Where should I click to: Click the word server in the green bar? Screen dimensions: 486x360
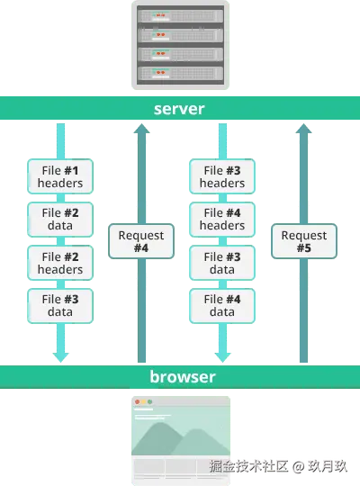click(179, 109)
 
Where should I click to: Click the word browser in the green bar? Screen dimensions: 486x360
click(183, 376)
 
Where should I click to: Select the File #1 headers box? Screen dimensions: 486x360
click(60, 176)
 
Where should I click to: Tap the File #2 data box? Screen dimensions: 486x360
click(60, 220)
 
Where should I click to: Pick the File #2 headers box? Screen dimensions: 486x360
click(60, 263)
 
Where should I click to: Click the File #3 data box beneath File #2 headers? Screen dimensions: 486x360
click(60, 305)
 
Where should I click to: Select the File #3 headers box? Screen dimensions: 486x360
click(221, 176)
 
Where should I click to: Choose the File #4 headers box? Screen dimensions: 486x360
click(221, 220)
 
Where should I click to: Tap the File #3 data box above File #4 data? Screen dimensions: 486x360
click(221, 263)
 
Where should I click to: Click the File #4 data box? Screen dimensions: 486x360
click(221, 305)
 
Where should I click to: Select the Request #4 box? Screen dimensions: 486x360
click(140, 241)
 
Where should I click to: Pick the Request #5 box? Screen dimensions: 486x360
click(303, 241)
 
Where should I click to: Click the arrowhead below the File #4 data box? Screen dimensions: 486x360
click(222, 355)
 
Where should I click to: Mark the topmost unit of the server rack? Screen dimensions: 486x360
click(179, 14)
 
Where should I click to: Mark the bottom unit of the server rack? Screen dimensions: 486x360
click(179, 74)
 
